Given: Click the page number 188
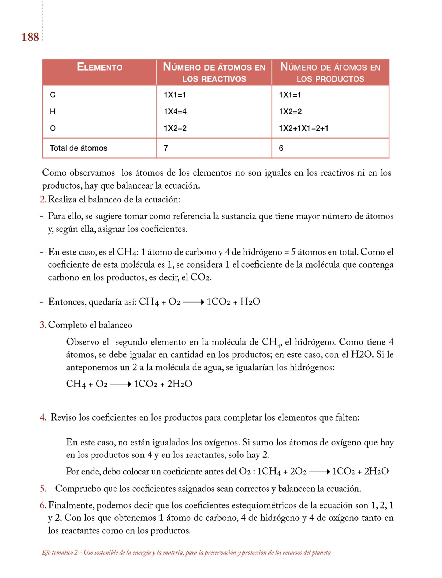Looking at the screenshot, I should pyautogui.click(x=30, y=37).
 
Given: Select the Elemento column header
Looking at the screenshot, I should pyautogui.click(x=99, y=67).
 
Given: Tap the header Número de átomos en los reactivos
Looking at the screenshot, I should pyautogui.click(x=214, y=73).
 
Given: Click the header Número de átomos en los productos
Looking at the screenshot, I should pyautogui.click(x=330, y=73).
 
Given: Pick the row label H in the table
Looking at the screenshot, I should pyautogui.click(x=53, y=111).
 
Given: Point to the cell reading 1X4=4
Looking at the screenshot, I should pyautogui.click(x=175, y=111).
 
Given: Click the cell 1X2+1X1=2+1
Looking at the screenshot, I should pyautogui.click(x=304, y=128).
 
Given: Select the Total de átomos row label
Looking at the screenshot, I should pyautogui.click(x=78, y=148).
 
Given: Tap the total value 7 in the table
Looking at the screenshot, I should pyautogui.click(x=166, y=148).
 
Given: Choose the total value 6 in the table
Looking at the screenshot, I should pyautogui.click(x=281, y=148).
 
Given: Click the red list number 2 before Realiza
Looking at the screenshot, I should pyautogui.click(x=43, y=200).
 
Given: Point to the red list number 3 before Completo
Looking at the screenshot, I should pyautogui.click(x=43, y=325).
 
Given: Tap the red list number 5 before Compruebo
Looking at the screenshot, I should pyautogui.click(x=43, y=489).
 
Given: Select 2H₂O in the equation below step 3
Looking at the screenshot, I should pyautogui.click(x=179, y=384).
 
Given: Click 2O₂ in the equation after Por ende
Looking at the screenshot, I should pyautogui.click(x=298, y=472).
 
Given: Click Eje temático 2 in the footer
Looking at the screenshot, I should pyautogui.click(x=60, y=553).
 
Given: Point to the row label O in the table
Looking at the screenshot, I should pyautogui.click(x=53, y=128).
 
